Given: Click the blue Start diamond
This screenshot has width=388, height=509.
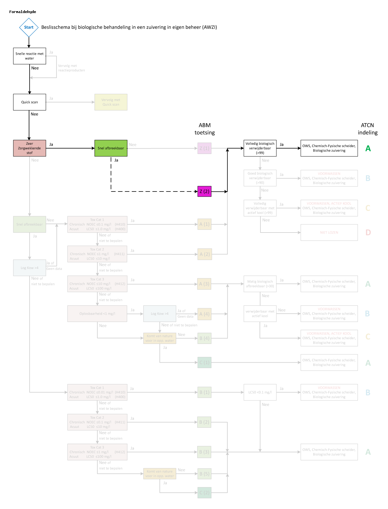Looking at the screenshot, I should tap(29, 27).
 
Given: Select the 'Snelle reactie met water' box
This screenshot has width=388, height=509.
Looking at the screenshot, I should tap(30, 56).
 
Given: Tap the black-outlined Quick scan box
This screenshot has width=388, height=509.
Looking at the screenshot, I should tap(30, 102).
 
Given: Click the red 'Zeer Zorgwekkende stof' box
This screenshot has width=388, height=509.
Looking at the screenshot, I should tap(30, 148).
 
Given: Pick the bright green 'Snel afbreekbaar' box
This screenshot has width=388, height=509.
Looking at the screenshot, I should tap(111, 148).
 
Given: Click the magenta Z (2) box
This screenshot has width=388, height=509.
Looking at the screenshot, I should tap(204, 192).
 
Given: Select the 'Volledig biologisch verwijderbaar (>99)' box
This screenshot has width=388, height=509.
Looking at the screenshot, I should tap(260, 148).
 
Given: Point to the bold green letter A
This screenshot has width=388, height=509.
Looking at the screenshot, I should tap(368, 148).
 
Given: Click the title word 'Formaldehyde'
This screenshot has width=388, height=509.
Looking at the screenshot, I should tap(23, 12).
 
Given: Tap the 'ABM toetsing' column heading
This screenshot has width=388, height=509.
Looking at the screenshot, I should tap(204, 129).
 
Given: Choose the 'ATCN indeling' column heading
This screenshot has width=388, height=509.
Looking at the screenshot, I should tap(368, 129).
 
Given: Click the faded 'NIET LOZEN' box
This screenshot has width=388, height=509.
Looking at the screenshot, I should tap(329, 233).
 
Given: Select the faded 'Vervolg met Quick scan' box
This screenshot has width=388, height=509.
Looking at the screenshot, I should tap(111, 102).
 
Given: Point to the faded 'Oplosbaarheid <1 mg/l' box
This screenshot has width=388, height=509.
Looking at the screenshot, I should tap(97, 314).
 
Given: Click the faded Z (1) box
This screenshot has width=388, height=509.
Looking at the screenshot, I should tap(204, 148).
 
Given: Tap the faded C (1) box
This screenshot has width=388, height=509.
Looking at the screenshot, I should tap(204, 363).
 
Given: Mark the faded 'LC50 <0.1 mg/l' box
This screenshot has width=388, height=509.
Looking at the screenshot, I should tap(260, 392).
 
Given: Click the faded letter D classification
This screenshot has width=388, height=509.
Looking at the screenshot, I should tap(368, 233).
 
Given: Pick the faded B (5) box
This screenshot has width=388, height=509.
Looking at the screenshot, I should tap(204, 474).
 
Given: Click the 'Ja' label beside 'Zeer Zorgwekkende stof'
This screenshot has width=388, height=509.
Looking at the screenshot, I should tap(51, 144).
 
